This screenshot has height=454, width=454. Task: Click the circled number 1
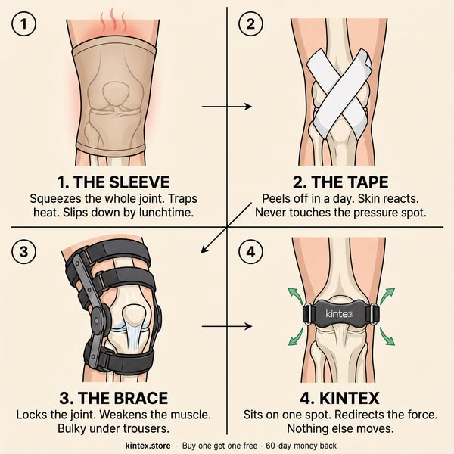pyautogui.click(x=23, y=23)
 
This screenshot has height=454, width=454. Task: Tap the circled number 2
pyautogui.click(x=250, y=23)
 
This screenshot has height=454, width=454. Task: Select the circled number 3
pyautogui.click(x=23, y=251)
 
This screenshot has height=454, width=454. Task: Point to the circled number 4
pyautogui.click(x=250, y=251)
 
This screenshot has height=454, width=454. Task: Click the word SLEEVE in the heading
pyautogui.click(x=140, y=182)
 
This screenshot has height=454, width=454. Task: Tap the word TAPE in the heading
pyautogui.click(x=365, y=182)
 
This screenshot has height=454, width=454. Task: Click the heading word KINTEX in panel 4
pyautogui.click(x=350, y=398)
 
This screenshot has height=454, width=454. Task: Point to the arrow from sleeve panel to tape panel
pyautogui.click(x=227, y=107)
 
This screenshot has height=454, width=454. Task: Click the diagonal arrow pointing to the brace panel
pyautogui.click(x=226, y=228)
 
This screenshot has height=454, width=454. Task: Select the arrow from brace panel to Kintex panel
pyautogui.click(x=227, y=327)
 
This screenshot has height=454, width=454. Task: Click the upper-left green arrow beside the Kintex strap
pyautogui.click(x=295, y=296)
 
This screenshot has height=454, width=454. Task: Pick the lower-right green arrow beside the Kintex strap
pyautogui.click(x=387, y=337)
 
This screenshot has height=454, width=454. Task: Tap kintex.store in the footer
pyautogui.click(x=148, y=446)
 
